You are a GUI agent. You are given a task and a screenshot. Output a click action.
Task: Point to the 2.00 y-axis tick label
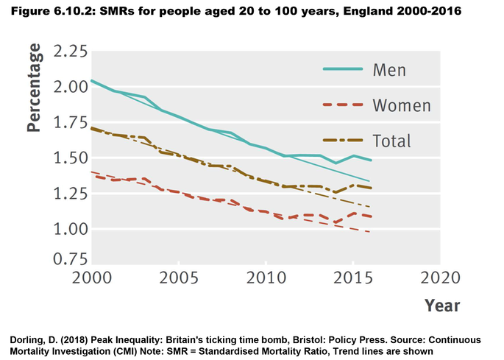click(66, 88)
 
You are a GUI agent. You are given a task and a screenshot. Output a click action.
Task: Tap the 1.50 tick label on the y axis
click(66, 159)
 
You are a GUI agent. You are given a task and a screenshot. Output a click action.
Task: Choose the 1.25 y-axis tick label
click(66, 194)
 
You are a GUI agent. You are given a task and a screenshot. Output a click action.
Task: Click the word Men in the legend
click(390, 70)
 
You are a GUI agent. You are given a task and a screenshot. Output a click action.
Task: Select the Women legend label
click(402, 105)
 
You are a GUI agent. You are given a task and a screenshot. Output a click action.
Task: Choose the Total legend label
click(392, 141)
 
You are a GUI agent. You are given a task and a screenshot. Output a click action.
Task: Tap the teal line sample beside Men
click(344, 70)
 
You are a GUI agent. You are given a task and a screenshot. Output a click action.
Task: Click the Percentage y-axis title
click(34, 88)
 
